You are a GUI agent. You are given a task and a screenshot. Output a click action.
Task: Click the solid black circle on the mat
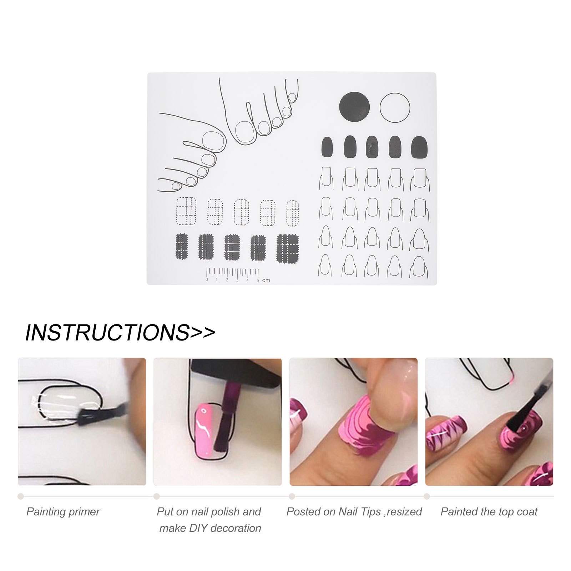click(x=354, y=107)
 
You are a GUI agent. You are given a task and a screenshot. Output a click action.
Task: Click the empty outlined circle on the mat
click(x=395, y=108)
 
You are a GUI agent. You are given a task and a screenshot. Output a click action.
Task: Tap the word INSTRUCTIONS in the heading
click(x=107, y=333)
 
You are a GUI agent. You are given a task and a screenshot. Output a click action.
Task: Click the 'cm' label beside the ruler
click(x=266, y=281)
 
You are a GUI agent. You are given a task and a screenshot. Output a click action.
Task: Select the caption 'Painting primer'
click(x=63, y=512)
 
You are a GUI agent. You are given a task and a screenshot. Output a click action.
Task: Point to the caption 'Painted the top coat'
click(x=489, y=512)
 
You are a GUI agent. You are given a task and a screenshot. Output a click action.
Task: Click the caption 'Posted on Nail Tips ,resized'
click(x=354, y=512)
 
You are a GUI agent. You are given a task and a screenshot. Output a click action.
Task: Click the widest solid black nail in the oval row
click(x=419, y=147)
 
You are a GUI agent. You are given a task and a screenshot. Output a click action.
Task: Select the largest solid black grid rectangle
click(x=288, y=248)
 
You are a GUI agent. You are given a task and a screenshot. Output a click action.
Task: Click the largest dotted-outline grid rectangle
click(x=186, y=211)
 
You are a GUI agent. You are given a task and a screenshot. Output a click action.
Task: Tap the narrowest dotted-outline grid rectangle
click(x=293, y=213)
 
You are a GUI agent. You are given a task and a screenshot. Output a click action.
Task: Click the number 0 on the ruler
click(x=207, y=280)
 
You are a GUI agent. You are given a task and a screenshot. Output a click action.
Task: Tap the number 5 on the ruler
click(x=258, y=281)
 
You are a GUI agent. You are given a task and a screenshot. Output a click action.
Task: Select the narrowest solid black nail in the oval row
click(x=327, y=147)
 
